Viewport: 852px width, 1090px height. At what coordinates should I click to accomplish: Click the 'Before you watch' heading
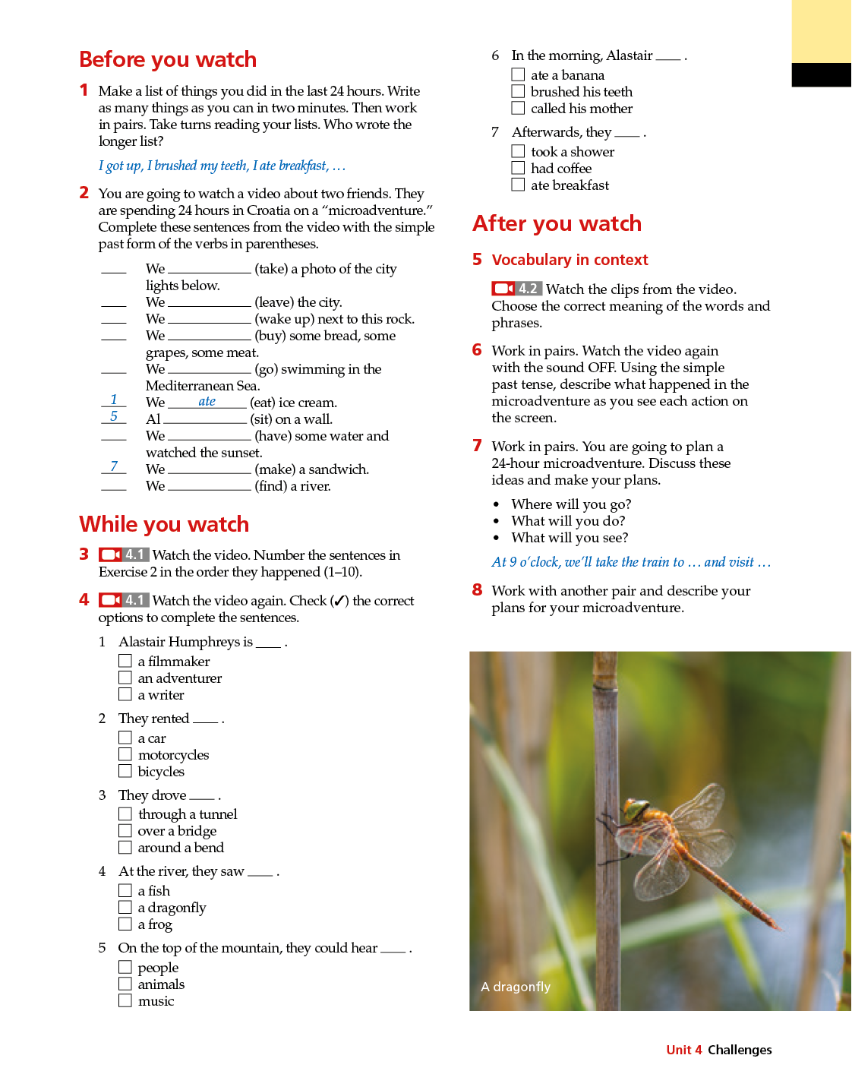click(168, 59)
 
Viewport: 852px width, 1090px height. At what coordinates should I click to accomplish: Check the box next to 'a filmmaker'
click(125, 661)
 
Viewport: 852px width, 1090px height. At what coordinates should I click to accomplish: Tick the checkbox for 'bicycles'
click(125, 771)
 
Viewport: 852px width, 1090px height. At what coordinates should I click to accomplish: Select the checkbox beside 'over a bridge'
click(125, 831)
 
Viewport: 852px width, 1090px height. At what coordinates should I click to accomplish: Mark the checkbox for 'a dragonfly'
click(125, 907)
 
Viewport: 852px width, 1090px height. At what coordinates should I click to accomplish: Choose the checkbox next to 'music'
click(125, 1000)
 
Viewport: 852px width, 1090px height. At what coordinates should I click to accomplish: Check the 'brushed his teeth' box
click(518, 91)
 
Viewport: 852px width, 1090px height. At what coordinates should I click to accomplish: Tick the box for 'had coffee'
click(518, 168)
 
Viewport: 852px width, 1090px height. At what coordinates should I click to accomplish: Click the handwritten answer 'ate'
click(207, 401)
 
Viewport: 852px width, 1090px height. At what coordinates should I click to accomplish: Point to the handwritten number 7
click(114, 466)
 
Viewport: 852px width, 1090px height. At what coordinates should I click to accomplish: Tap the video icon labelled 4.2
click(516, 289)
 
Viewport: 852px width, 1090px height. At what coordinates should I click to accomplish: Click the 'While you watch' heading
click(164, 524)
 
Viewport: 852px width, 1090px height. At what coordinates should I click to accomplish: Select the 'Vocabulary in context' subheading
click(570, 260)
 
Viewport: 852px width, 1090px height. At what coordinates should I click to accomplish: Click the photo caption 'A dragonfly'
click(516, 987)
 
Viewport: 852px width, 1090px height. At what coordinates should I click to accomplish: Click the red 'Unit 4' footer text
click(683, 1050)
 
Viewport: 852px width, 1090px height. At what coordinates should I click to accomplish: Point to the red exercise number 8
click(477, 590)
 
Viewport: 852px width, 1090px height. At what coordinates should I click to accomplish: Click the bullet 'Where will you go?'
click(571, 504)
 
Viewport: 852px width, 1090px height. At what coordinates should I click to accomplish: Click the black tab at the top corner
click(821, 74)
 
